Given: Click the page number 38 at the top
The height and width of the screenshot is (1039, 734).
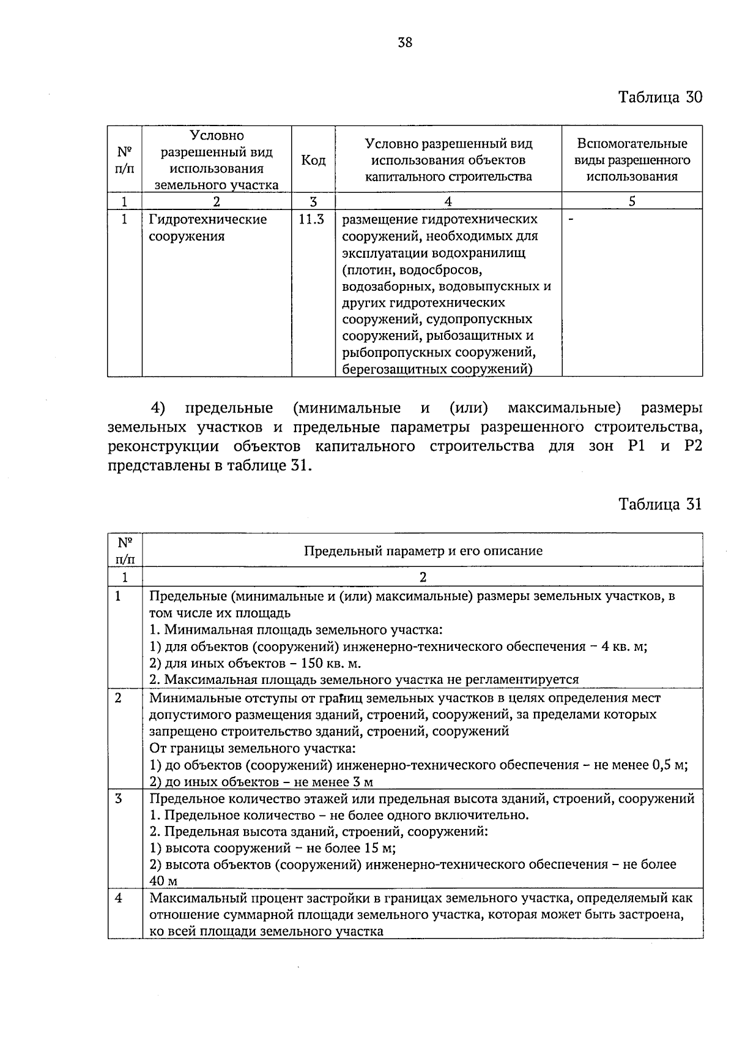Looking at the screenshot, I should (405, 42).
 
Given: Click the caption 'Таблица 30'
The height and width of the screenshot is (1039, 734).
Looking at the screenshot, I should (660, 97).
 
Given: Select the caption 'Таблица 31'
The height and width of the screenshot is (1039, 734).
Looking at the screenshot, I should (660, 504).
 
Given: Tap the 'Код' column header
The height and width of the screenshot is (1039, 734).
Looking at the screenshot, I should (313, 160).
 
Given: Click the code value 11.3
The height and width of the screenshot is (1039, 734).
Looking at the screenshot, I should (311, 219).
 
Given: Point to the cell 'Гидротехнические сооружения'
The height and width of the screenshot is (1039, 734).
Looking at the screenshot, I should (208, 228).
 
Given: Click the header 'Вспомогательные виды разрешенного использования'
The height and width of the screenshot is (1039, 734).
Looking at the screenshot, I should (632, 160).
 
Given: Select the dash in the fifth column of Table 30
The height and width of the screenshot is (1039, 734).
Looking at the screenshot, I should (571, 219).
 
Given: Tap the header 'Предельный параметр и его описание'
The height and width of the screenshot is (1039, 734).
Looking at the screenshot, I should (423, 550).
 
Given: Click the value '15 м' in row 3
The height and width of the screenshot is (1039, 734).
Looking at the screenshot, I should (380, 849).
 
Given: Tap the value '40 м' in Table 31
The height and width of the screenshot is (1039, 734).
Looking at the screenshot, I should (163, 882).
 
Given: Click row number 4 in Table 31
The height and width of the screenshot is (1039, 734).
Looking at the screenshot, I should (119, 898).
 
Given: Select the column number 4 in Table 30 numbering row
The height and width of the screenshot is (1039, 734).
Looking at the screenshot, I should (448, 201).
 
